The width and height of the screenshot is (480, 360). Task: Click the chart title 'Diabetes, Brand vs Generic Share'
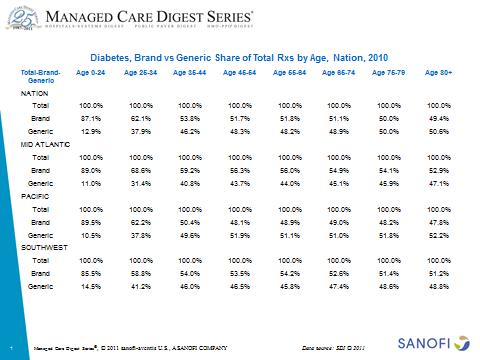[240, 59]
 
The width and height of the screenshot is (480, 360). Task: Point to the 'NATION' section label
[35, 93]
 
